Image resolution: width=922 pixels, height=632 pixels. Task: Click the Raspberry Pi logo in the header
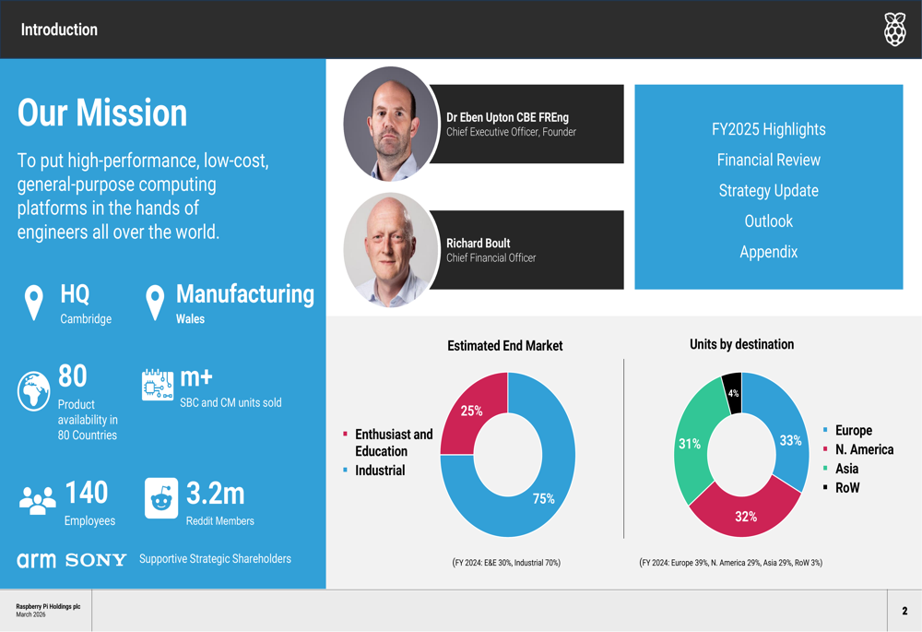pyautogui.click(x=894, y=30)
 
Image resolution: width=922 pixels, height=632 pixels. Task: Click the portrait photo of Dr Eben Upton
pyautogui.click(x=390, y=123)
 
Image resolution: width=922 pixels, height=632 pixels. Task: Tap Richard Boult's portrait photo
pyautogui.click(x=390, y=249)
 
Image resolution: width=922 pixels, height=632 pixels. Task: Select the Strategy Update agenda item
pyautogui.click(x=768, y=191)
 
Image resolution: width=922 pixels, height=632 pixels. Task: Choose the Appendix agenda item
pyautogui.click(x=768, y=252)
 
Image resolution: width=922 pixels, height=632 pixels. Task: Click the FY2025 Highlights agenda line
pyautogui.click(x=768, y=129)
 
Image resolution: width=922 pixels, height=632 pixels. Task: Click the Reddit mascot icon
pyautogui.click(x=162, y=499)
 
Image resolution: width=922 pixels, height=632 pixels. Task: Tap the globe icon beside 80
pyautogui.click(x=34, y=391)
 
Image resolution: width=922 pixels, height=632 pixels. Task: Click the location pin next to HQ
pyautogui.click(x=34, y=302)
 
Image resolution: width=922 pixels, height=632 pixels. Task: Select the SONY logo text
pyautogui.click(x=96, y=560)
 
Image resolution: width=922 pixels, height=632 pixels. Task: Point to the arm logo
pyautogui.click(x=36, y=560)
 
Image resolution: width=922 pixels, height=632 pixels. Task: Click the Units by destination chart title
pyautogui.click(x=741, y=344)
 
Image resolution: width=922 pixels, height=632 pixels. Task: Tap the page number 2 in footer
pyautogui.click(x=904, y=611)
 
